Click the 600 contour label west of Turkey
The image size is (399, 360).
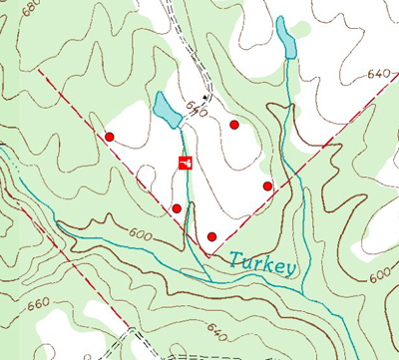pos(143,233)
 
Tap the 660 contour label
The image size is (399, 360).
pos(38,302)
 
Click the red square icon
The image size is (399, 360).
pos(185,163)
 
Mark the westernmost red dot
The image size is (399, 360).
pos(110,137)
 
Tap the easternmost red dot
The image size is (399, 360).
pos(267,185)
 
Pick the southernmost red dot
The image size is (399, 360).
pos(211,236)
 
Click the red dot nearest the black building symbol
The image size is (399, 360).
pos(234,125)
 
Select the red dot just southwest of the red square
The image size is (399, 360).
pos(177,208)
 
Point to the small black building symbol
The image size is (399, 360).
pos(206,97)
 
